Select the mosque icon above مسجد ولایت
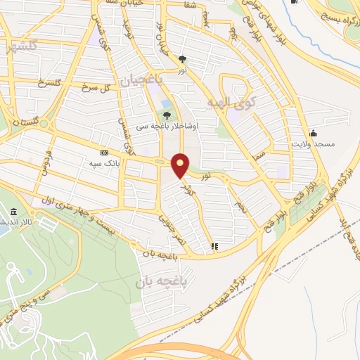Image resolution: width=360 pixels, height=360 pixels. click(312, 132)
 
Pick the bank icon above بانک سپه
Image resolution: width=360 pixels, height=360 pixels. click(104, 153)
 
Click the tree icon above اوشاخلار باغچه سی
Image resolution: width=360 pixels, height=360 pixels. click(166, 115)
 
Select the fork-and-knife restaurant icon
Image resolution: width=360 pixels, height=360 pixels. click(214, 247)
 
